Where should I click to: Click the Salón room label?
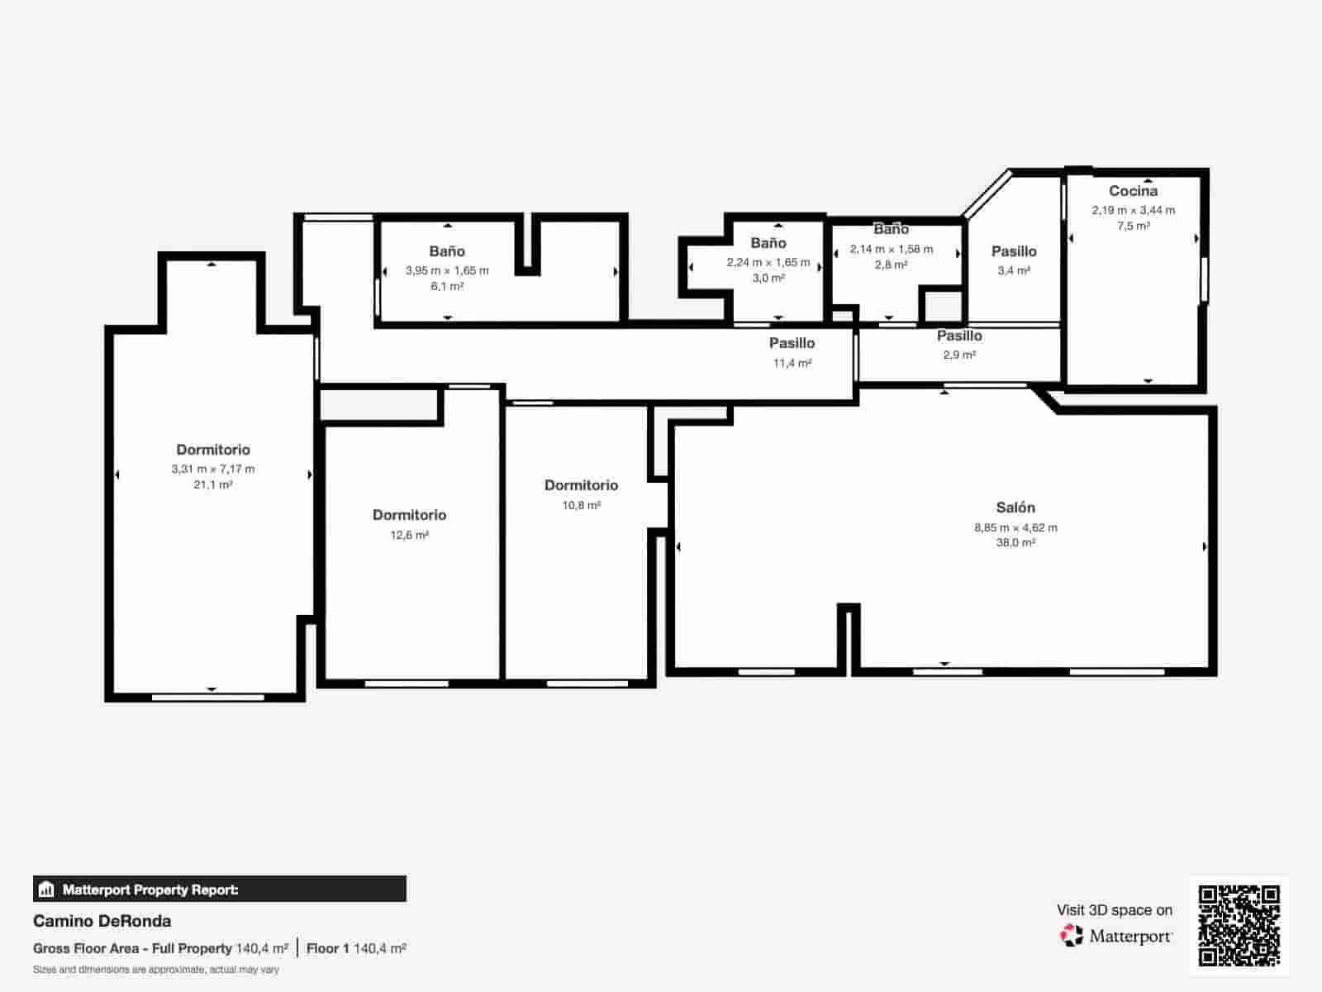point(1015,508)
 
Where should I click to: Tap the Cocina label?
point(1133,191)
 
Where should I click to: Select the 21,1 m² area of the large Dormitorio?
point(213,485)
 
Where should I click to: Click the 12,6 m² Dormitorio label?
point(409,515)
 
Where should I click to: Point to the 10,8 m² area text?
point(581,505)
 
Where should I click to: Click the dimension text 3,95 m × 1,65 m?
point(447,270)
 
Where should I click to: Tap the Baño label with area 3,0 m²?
point(768,243)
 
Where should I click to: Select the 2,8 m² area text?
point(891,265)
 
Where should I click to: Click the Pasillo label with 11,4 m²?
point(792,343)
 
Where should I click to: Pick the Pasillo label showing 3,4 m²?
point(1014,251)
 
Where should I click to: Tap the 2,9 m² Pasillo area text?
point(959,355)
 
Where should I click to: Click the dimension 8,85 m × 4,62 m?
point(1015,527)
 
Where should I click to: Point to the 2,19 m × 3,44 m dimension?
point(1133,210)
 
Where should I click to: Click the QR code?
point(1239,925)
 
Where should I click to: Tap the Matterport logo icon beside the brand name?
point(1072,936)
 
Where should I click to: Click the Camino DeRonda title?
point(102,921)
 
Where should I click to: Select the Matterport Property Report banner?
point(220,889)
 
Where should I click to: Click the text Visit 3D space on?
point(1114,910)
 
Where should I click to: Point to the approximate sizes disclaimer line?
point(156,970)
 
